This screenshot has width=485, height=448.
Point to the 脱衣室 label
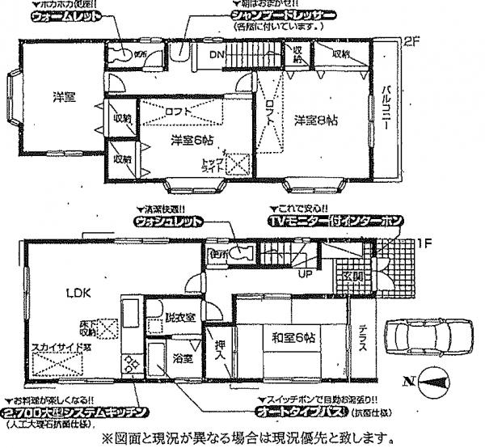click(179, 316)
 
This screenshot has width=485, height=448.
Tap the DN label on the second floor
click(217, 55)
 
